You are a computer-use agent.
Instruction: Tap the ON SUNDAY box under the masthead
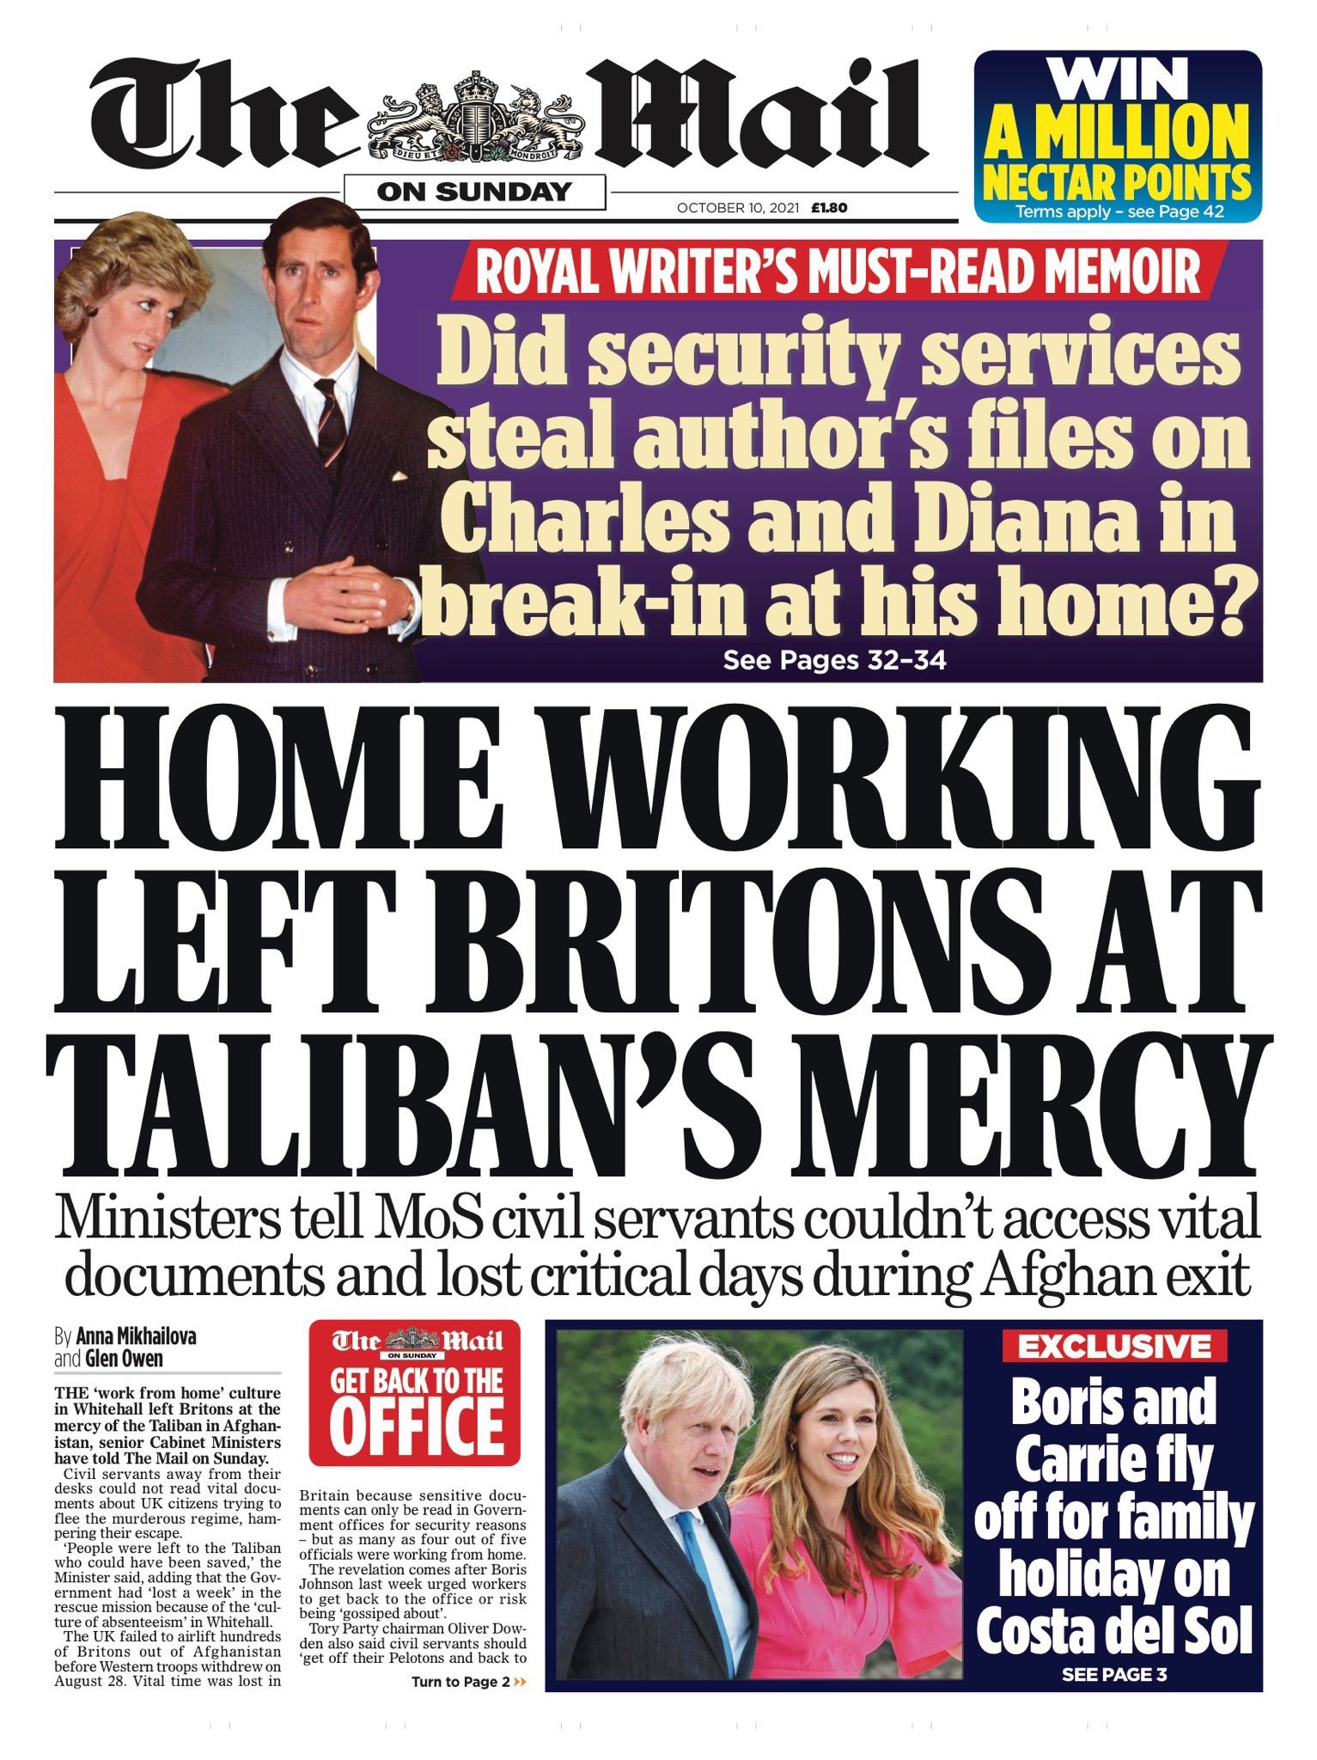coord(474,192)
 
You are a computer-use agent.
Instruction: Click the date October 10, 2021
coord(738,208)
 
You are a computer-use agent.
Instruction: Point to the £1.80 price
coord(829,208)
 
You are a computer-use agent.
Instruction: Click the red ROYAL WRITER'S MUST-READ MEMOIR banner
coord(838,271)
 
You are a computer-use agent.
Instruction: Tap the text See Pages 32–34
coord(834,660)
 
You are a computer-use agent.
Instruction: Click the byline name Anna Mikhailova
coord(136,1337)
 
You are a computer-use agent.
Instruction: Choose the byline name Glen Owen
coord(124,1359)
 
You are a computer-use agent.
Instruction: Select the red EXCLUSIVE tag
coord(1114,1347)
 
